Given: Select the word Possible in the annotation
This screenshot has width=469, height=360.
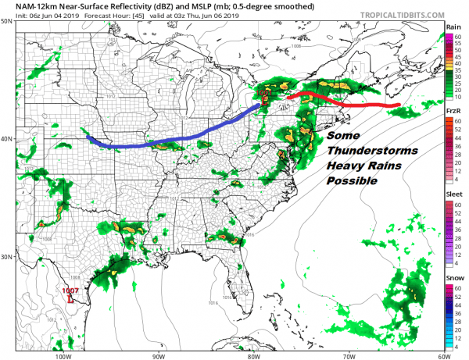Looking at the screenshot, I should click(x=352, y=181).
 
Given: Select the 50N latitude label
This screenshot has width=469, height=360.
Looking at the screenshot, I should click(x=8, y=21).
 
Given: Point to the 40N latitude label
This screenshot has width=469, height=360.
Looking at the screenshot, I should click(x=8, y=139).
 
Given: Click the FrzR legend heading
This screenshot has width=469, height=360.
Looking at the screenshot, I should click(x=454, y=112).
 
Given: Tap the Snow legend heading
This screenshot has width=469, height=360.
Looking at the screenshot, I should click(x=454, y=278).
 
